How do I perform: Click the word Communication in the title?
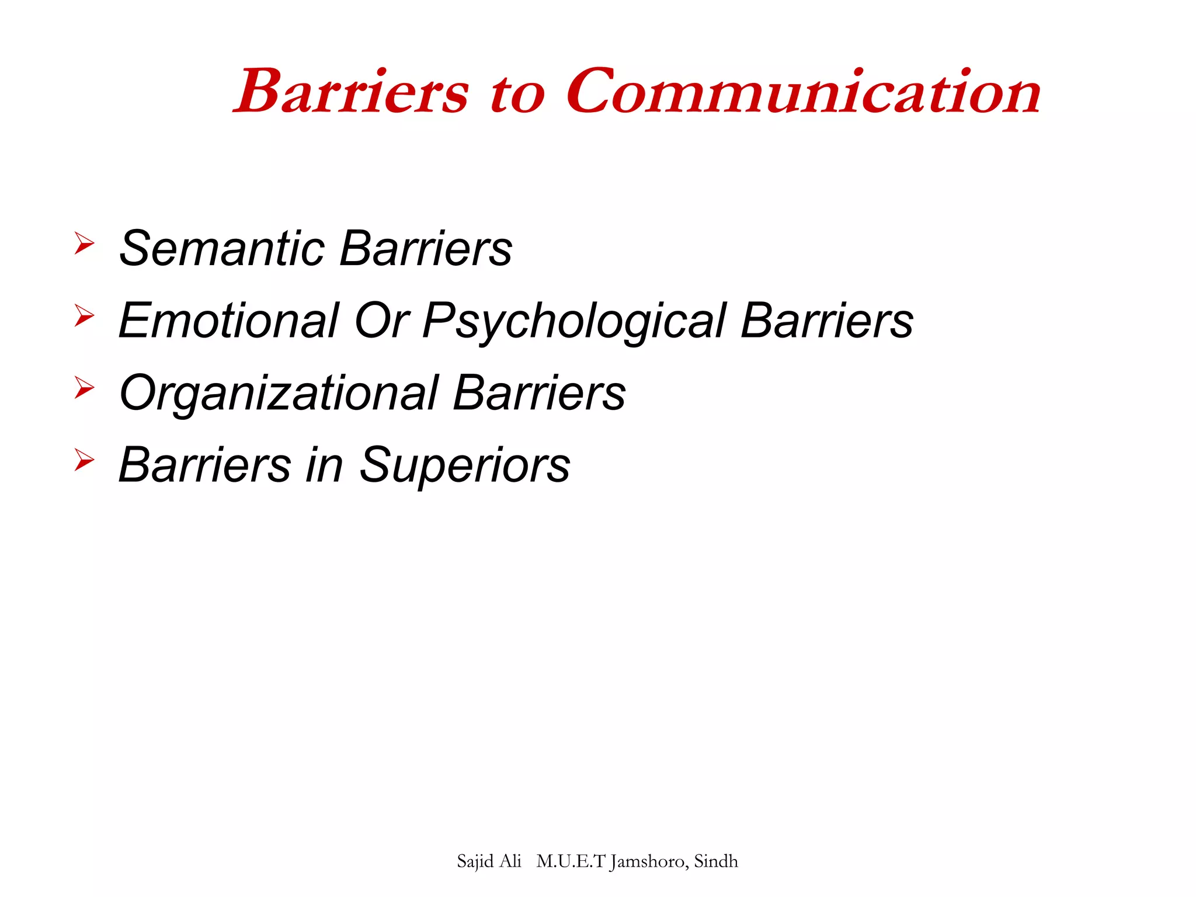tap(803, 92)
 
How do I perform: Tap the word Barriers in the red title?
tap(352, 92)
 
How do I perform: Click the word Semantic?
tap(222, 248)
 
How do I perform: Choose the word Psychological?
tap(574, 322)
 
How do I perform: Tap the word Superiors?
tap(464, 465)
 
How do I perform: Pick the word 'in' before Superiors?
tap(325, 465)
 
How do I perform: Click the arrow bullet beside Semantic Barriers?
tap(84, 243)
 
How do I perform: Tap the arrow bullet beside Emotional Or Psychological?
tap(84, 315)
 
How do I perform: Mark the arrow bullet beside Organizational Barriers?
tap(84, 388)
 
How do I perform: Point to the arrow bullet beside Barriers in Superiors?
tap(84, 460)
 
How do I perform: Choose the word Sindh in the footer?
tap(716, 861)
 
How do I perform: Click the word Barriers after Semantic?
tap(426, 248)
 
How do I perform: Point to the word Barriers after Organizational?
tap(539, 393)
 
